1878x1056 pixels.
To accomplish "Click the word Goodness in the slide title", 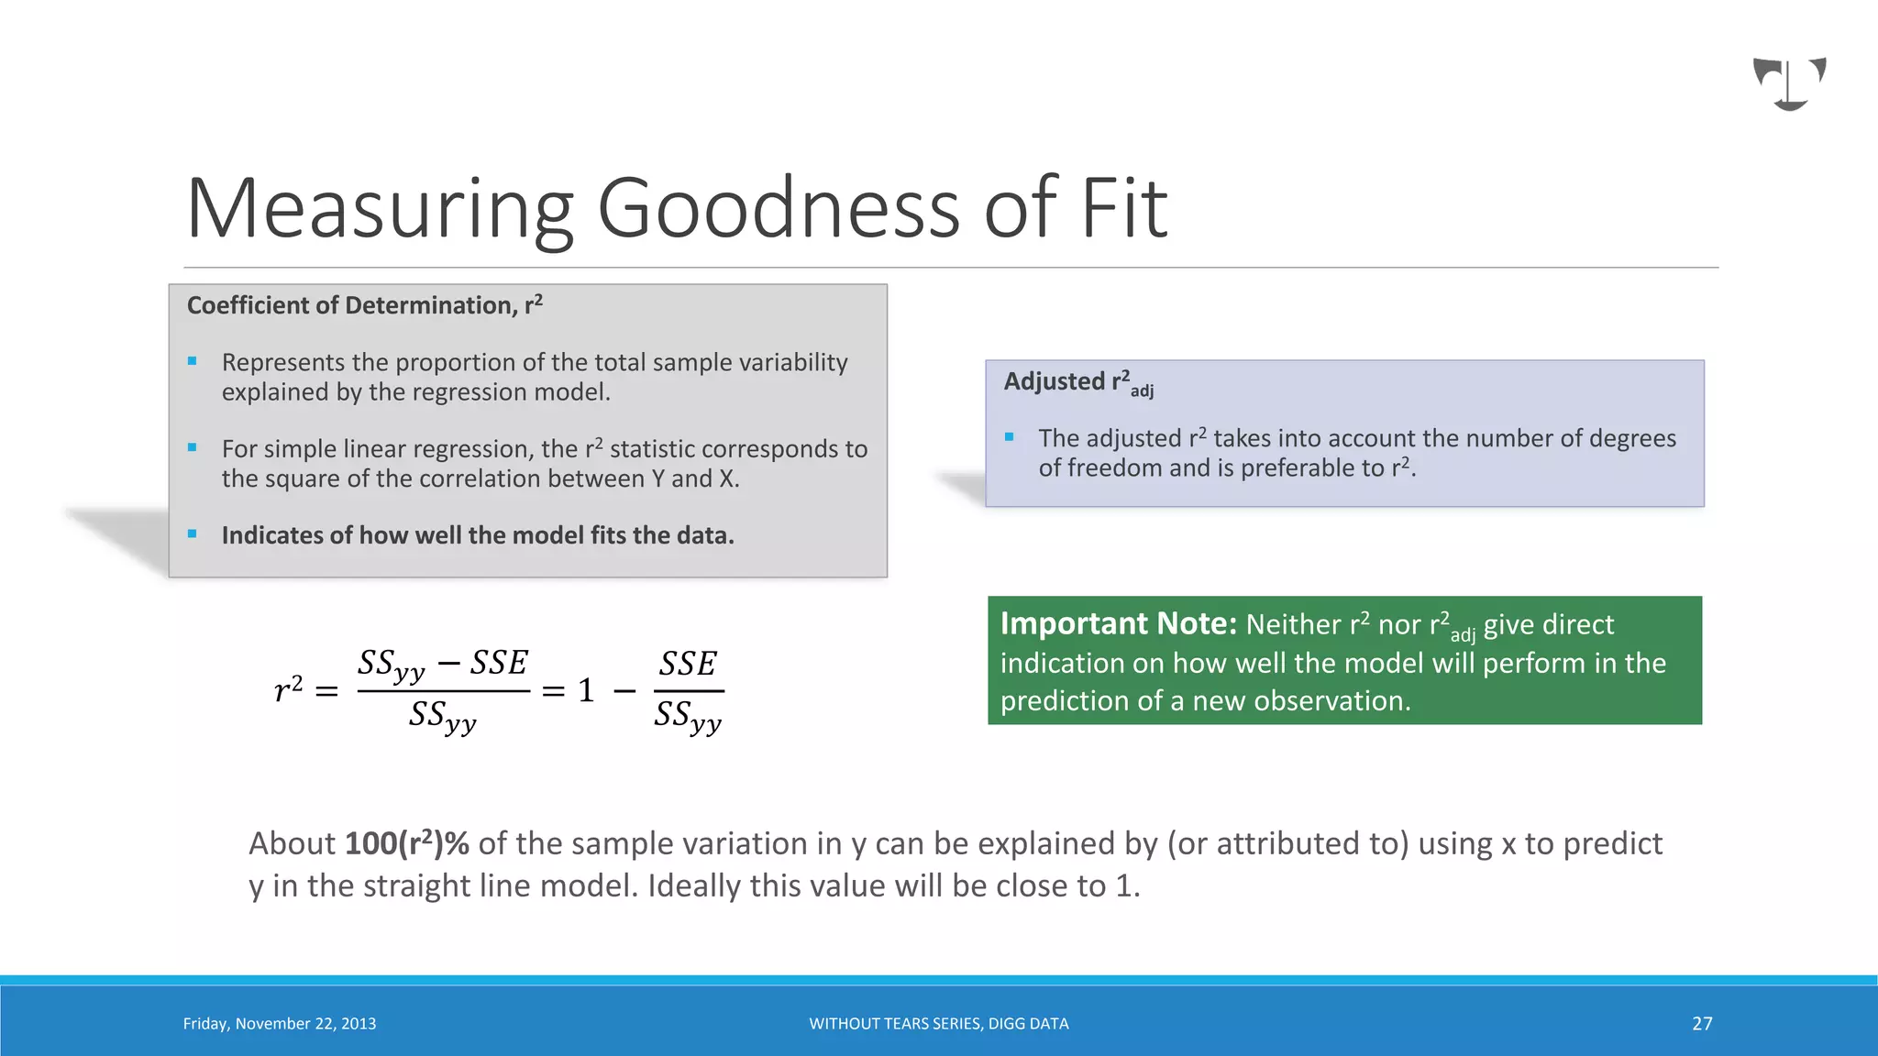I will click(x=779, y=209).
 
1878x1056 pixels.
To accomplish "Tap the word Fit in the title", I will click(x=1123, y=209).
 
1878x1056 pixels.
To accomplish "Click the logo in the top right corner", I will click(x=1789, y=83).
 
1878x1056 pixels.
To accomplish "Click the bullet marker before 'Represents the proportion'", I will click(x=193, y=362).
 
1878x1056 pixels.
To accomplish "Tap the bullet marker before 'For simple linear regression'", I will click(x=193, y=448).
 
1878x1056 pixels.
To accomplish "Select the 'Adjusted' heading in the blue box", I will click(x=1055, y=381).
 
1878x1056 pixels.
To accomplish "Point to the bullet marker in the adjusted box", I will click(x=1010, y=438).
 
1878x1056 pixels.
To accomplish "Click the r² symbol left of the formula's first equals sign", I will click(x=288, y=689).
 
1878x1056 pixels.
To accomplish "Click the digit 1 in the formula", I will click(x=586, y=690).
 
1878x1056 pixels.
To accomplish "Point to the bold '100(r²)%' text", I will click(x=406, y=843).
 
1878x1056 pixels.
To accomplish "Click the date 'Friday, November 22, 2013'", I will click(x=280, y=1024).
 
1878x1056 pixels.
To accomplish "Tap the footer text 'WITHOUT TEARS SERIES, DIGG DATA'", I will click(x=939, y=1024).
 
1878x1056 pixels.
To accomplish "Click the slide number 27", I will click(x=1702, y=1024).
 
